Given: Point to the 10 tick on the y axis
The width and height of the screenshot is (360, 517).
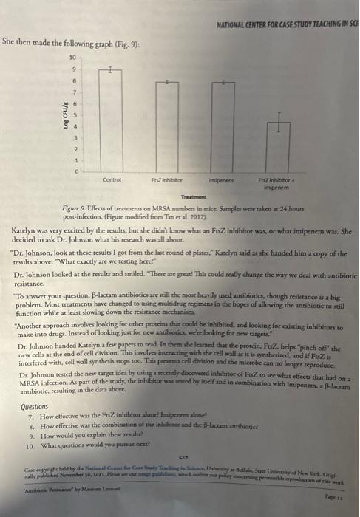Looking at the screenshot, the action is click(72, 57).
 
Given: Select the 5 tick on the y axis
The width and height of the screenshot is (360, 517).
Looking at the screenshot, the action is click(74, 114).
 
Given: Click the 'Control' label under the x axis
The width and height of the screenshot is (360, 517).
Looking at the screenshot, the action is click(112, 179).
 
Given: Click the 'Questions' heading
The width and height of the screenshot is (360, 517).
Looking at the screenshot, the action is click(35, 407).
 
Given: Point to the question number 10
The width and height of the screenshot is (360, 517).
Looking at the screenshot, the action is click(30, 446).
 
